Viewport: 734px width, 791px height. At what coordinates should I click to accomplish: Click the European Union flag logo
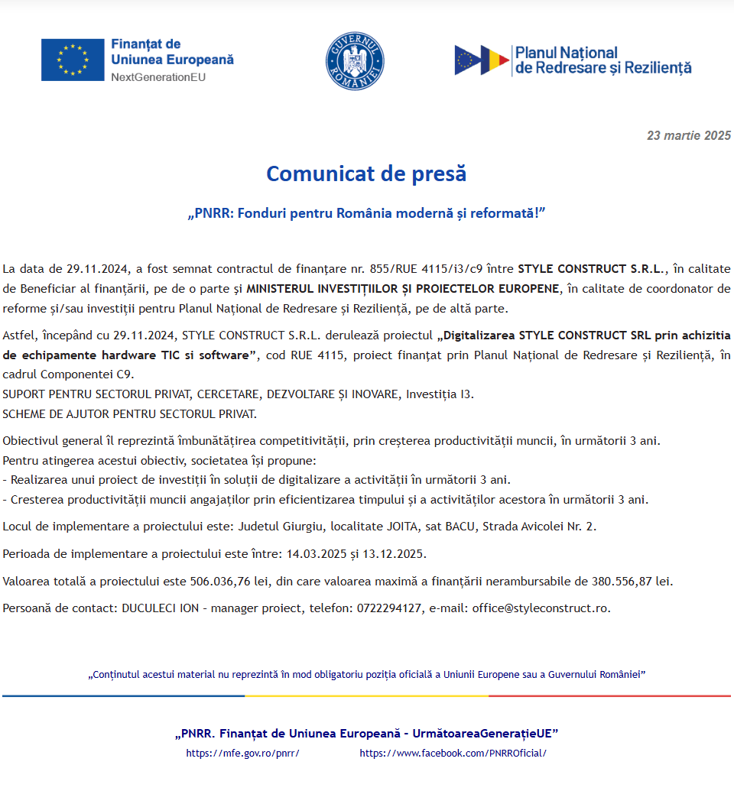tap(73, 60)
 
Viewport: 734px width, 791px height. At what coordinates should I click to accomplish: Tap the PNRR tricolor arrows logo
tap(482, 60)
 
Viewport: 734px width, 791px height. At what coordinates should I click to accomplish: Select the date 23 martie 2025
tap(688, 136)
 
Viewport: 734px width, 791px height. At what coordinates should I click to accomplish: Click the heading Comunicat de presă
tap(366, 173)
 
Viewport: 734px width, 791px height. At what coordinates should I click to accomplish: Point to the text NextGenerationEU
tap(158, 77)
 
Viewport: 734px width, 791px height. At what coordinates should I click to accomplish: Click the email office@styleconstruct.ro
tap(541, 608)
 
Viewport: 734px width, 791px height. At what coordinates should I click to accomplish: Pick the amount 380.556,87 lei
tap(632, 582)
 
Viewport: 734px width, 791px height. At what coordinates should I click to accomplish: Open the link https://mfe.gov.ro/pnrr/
tap(242, 753)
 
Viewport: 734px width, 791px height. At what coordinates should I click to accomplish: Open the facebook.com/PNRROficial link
tap(453, 753)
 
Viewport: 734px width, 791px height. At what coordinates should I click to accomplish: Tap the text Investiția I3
tap(440, 394)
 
